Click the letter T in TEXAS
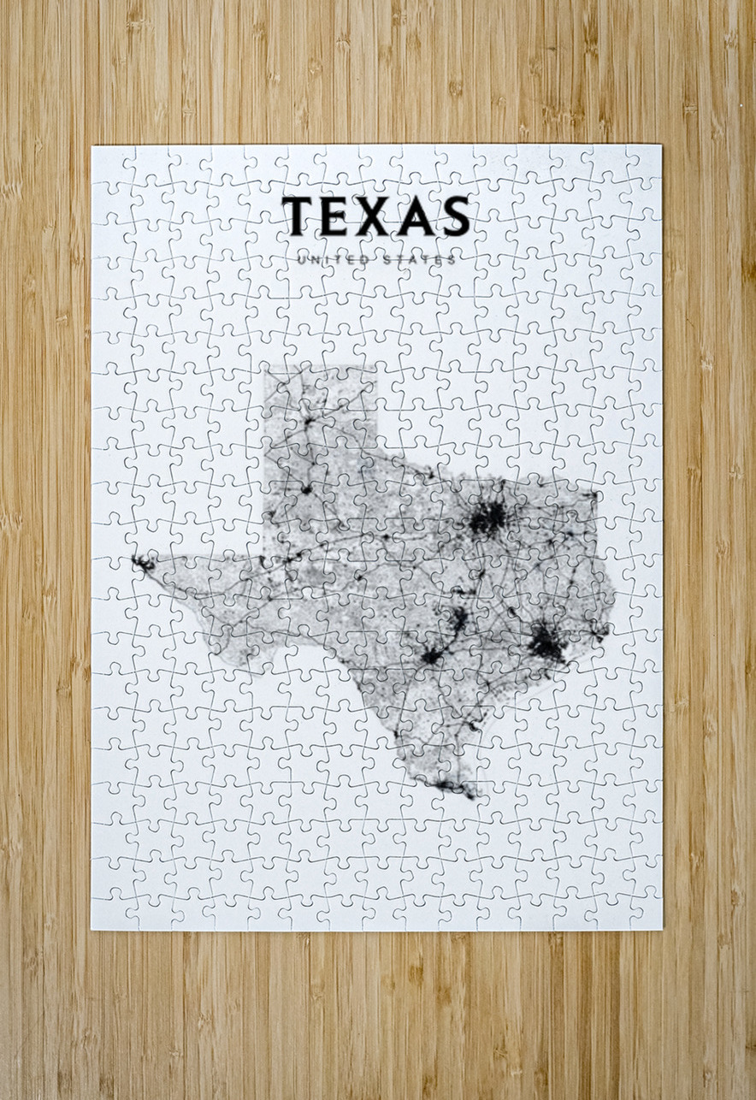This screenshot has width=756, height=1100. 299,216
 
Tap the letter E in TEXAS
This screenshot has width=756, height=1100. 338,216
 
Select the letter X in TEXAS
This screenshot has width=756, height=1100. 377,216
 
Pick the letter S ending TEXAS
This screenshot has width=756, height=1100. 456,216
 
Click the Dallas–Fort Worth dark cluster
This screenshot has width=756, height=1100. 487,517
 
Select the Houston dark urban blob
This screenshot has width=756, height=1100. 546,642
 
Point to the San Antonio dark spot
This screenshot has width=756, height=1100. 432,656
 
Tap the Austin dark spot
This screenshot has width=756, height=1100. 459,618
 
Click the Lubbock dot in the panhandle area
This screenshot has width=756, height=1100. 305,489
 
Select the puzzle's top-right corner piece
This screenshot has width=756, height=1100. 644,162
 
